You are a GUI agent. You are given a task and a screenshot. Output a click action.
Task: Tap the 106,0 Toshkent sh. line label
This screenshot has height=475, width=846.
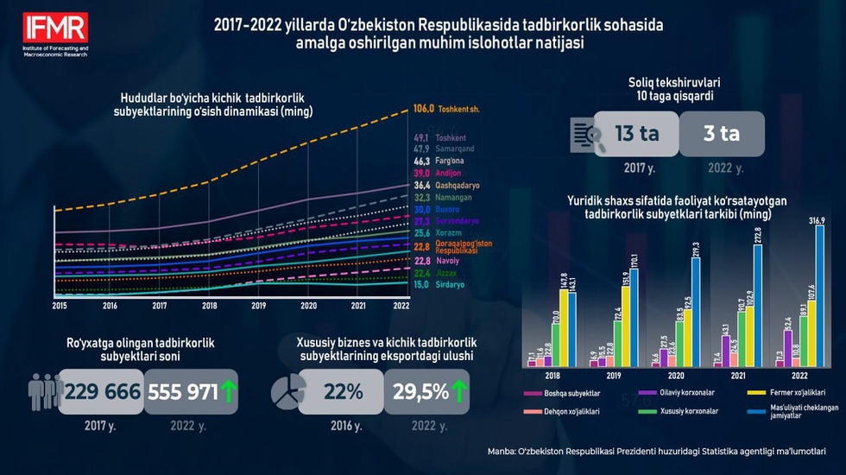coord(446,110)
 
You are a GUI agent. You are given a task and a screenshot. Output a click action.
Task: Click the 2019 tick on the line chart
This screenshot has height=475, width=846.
coord(258,306)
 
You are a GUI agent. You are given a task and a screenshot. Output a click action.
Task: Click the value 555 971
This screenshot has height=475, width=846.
coord(184,391)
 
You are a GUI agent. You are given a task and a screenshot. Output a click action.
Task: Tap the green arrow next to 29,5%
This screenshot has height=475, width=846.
coord(459,391)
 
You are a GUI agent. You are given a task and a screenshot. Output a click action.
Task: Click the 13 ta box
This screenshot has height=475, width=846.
coord(635,134)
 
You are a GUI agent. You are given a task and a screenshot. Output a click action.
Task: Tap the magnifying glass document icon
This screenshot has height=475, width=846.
coord(588,136)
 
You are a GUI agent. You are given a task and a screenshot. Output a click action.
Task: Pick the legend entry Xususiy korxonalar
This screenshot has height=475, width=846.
coord(673,412)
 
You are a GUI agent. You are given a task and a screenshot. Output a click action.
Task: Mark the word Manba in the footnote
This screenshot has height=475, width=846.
coord(502,450)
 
